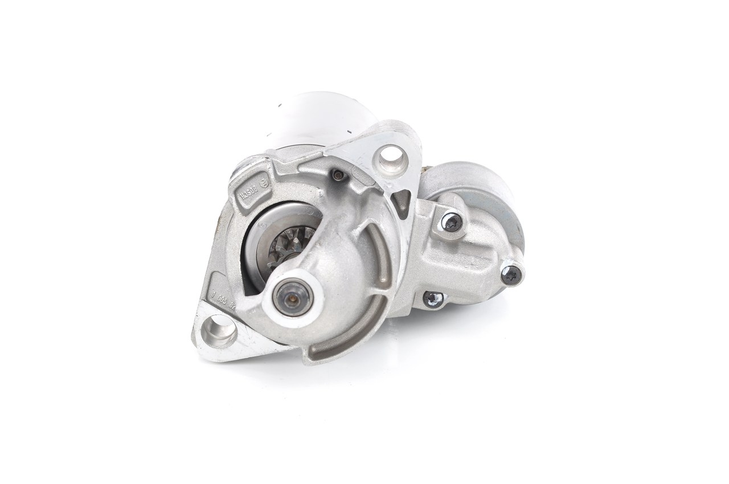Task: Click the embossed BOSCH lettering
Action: click(x=249, y=190)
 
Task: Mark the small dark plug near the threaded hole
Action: click(x=339, y=176)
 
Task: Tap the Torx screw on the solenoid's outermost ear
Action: click(x=511, y=276)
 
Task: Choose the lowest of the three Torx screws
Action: click(x=433, y=298)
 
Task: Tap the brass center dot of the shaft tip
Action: click(x=290, y=296)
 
